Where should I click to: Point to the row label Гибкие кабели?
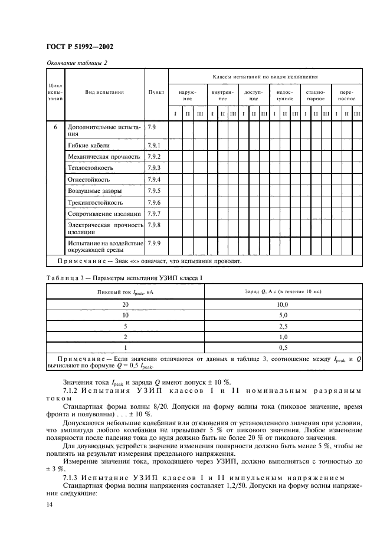[89, 145]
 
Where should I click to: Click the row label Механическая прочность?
[104, 156]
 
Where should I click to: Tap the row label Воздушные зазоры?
[95, 190]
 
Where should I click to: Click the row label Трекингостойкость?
[95, 202]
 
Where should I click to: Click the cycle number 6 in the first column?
[55, 127]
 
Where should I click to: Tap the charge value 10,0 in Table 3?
[283, 304]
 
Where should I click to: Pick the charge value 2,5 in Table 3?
[283, 326]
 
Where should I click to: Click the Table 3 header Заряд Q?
[283, 291]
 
